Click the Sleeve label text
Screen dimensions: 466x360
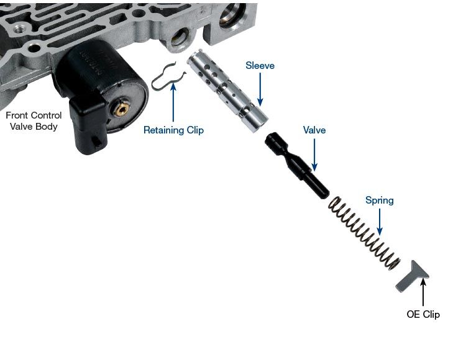point(260,66)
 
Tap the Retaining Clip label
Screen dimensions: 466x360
point(173,130)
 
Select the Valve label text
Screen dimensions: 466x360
point(314,130)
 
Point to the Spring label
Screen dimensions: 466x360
point(380,200)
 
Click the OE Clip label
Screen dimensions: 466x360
point(423,314)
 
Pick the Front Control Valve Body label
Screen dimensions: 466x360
point(34,121)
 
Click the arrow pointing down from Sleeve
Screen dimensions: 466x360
point(260,89)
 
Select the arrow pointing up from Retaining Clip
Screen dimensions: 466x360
point(173,102)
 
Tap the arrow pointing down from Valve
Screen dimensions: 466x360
point(314,155)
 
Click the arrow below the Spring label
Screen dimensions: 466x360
point(380,222)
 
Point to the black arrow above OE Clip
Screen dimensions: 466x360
point(423,292)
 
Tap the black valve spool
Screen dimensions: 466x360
point(297,165)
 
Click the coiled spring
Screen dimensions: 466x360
point(364,233)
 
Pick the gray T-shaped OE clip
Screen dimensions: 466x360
point(411,277)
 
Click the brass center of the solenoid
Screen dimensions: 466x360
point(122,110)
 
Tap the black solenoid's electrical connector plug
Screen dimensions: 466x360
point(88,126)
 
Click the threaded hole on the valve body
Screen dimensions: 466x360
point(21,29)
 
